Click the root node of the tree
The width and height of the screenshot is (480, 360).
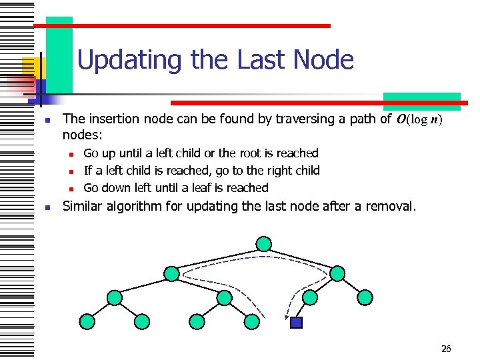[265, 243]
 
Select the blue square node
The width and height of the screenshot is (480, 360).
[297, 323]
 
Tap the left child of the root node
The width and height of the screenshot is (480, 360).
[172, 273]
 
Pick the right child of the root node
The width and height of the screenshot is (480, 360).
[338, 273]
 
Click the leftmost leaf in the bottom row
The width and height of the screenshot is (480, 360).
[87, 322]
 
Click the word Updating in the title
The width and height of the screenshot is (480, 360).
[131, 60]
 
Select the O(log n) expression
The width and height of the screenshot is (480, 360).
[419, 120]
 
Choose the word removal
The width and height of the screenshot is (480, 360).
[389, 206]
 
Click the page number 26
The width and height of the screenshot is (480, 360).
[446, 349]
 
